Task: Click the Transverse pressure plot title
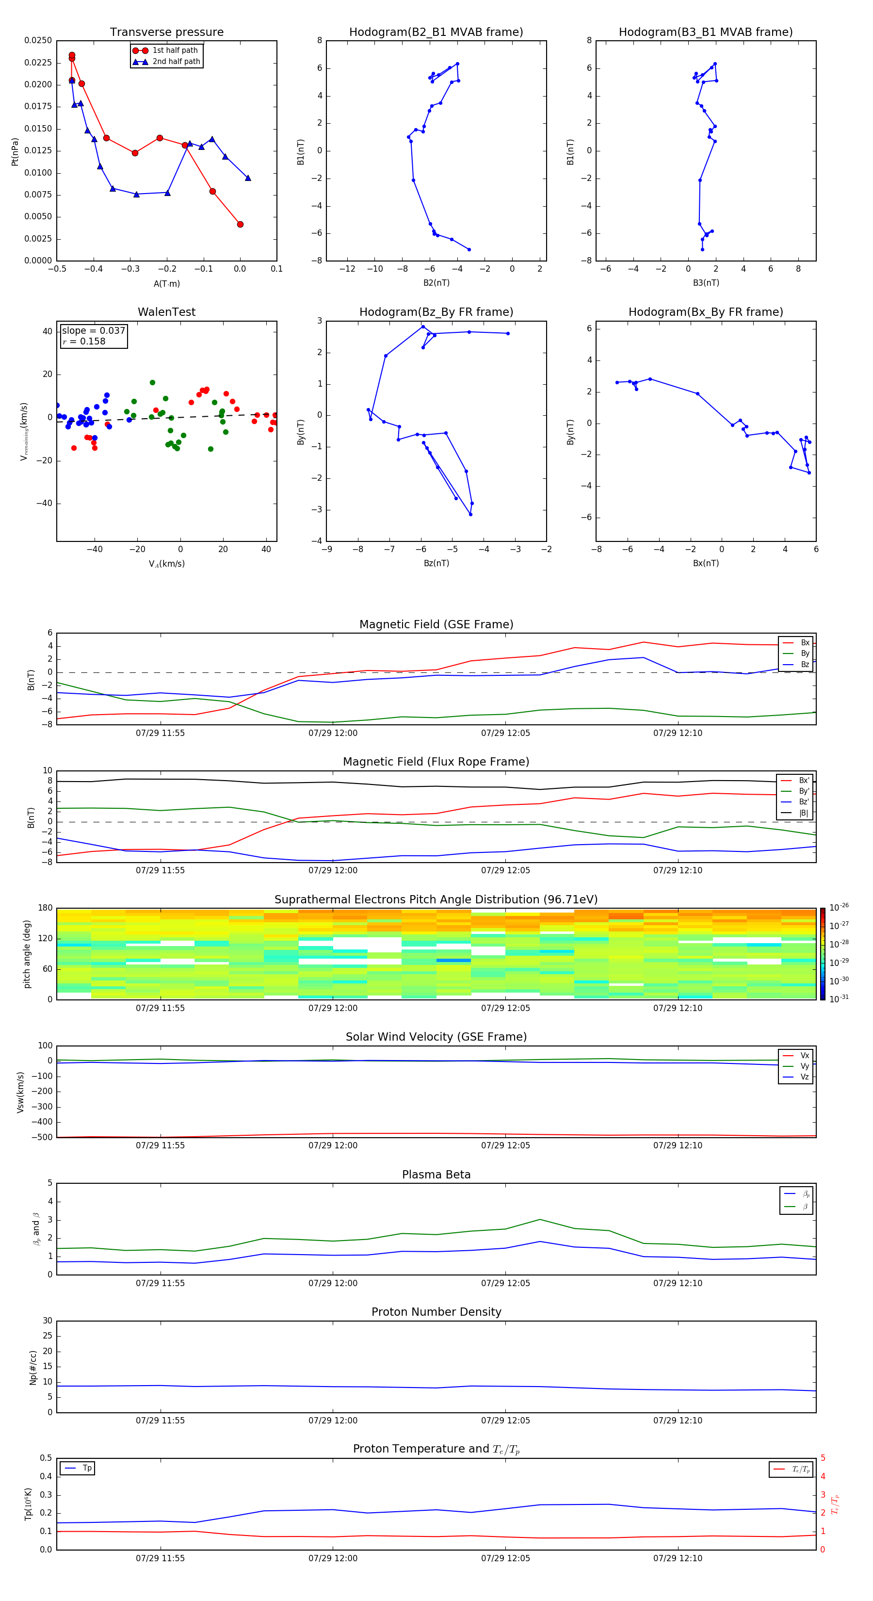(x=166, y=33)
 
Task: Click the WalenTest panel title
(x=166, y=312)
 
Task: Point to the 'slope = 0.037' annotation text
(x=93, y=331)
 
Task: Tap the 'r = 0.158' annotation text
(x=84, y=341)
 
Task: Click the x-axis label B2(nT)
(x=436, y=283)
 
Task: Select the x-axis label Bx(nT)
(x=706, y=563)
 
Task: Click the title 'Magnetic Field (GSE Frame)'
(x=436, y=624)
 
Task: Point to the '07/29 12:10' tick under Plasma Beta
(x=677, y=1283)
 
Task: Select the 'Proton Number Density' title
(x=436, y=1312)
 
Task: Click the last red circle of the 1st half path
(x=240, y=224)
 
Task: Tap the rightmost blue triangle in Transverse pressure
(x=248, y=178)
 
